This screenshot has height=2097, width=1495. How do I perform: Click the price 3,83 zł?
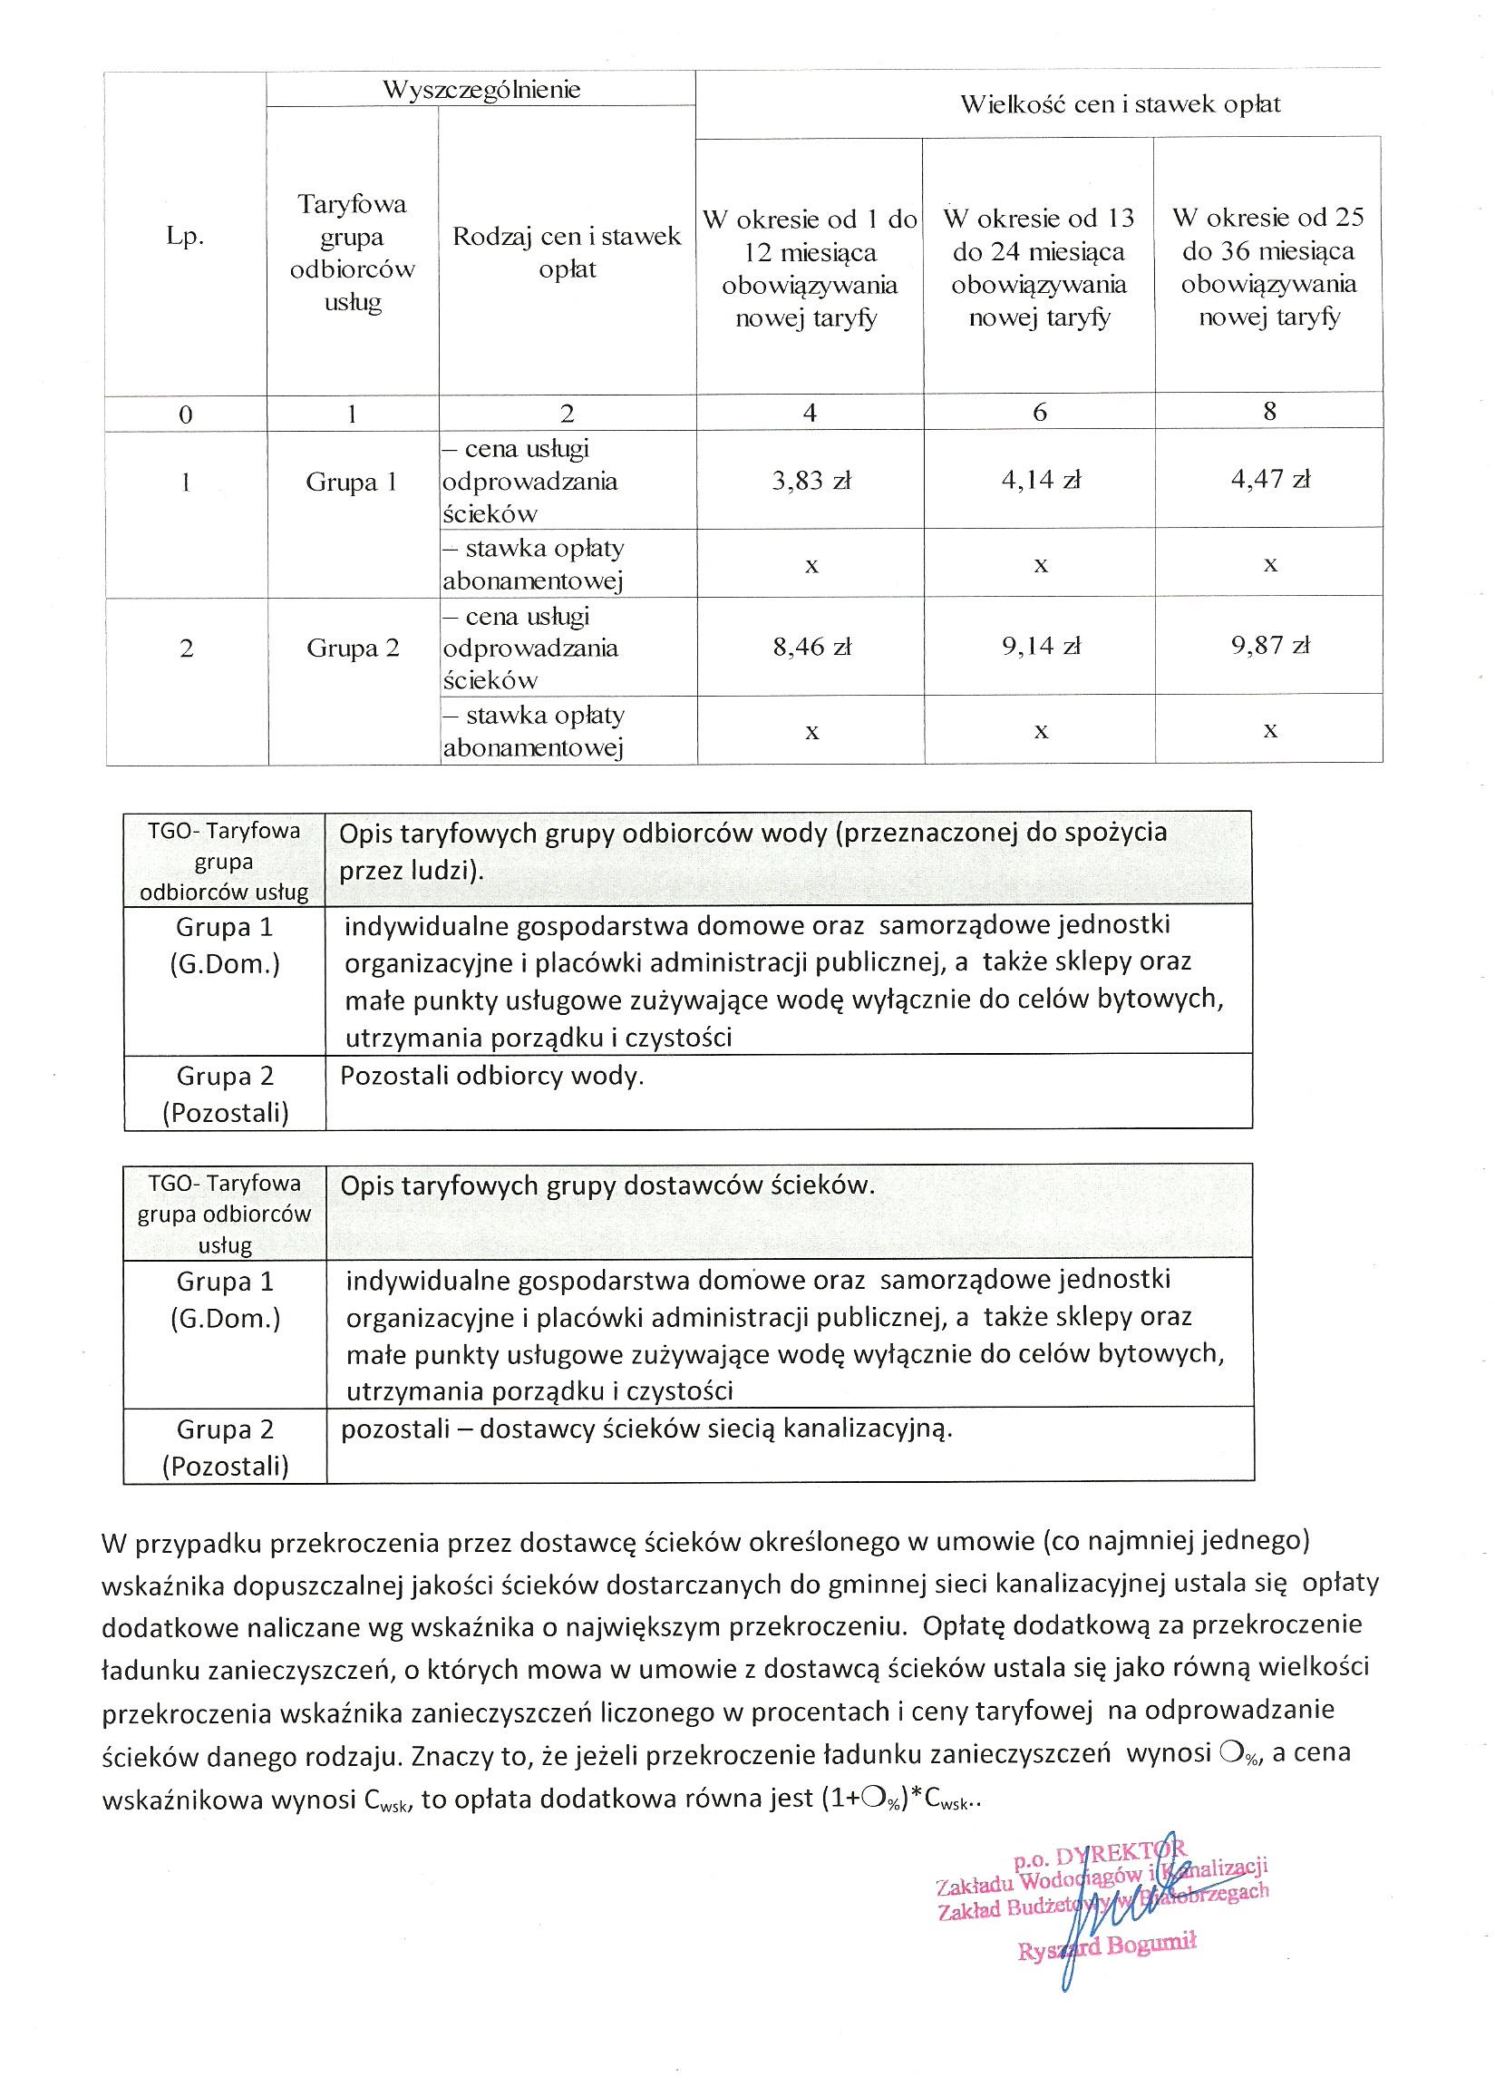pos(811,481)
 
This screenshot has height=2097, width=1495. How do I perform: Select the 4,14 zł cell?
pos(1040,480)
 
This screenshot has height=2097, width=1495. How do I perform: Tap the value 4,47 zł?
pos(1269,479)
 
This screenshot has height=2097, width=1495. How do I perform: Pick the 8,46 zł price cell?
pos(811,647)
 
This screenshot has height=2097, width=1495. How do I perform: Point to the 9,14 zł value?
pos(1040,646)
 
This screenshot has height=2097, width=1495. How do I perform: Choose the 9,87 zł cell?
pos(1269,645)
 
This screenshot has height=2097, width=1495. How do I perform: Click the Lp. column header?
pos(185,236)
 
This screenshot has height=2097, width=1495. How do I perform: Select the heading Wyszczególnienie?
pos(481,89)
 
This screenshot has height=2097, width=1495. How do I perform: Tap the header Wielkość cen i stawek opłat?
pos(1120,104)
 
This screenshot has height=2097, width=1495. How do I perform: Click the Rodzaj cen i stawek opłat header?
pos(567,252)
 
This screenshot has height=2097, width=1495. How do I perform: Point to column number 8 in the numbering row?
pos(1269,411)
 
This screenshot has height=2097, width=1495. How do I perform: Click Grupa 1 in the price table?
pos(352,482)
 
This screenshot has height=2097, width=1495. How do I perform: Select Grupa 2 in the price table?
pos(353,649)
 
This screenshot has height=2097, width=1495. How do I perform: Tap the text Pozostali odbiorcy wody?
pos(491,1076)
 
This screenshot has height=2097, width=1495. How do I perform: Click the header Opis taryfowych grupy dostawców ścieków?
pos(607,1185)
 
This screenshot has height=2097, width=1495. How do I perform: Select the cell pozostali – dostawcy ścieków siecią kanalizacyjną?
pos(646,1429)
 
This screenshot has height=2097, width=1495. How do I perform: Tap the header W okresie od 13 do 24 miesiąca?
pos(1038,267)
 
